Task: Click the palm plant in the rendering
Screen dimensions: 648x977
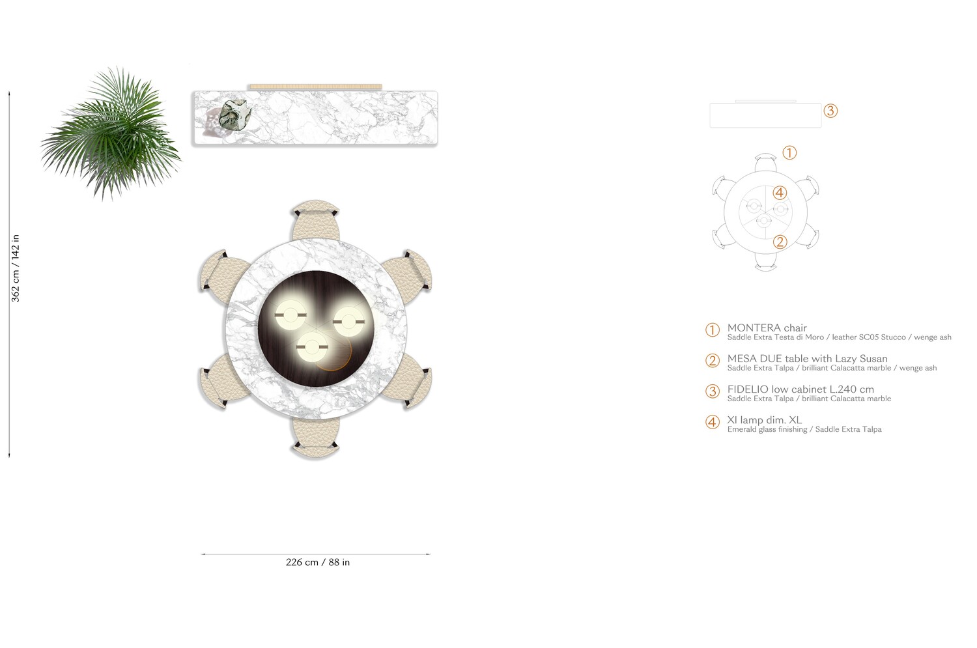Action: tap(111, 134)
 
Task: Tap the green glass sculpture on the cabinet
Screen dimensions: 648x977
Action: tap(233, 116)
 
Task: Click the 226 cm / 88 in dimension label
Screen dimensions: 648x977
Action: tap(318, 563)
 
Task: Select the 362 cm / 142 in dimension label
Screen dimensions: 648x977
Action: tap(16, 268)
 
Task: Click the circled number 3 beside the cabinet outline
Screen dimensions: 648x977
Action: tap(830, 111)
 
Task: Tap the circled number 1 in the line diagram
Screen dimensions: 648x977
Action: tap(789, 153)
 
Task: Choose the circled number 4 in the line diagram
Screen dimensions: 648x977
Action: tap(780, 193)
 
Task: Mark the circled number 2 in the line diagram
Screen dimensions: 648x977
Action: tap(780, 242)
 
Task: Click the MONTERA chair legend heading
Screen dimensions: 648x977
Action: tap(767, 328)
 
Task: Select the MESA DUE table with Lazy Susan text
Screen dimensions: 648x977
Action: tap(807, 359)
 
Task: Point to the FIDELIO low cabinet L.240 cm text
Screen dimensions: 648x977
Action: tap(800, 389)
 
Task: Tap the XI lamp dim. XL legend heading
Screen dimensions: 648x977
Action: tap(764, 420)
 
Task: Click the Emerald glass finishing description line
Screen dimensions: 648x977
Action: tap(804, 430)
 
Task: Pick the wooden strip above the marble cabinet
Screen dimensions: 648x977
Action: tap(315, 87)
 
